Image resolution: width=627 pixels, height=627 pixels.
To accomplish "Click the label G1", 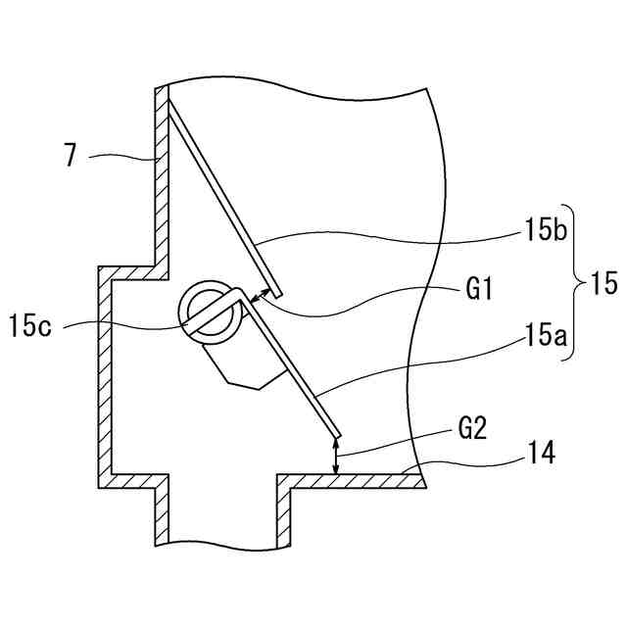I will (x=480, y=290).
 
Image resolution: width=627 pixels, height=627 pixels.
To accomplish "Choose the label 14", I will (x=539, y=453).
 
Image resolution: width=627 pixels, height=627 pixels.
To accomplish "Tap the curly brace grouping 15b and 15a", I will (x=570, y=285).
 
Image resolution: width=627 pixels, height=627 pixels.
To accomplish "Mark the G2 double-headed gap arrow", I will (x=337, y=458).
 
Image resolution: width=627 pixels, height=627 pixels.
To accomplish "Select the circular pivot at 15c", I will (x=209, y=313).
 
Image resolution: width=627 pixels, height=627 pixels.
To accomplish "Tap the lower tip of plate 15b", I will (x=278, y=292).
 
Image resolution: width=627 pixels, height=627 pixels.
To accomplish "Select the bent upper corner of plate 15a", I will (x=241, y=291).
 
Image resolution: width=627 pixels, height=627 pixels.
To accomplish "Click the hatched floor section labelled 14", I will (x=353, y=481).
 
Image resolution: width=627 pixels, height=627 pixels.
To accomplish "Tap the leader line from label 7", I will (x=122, y=155).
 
